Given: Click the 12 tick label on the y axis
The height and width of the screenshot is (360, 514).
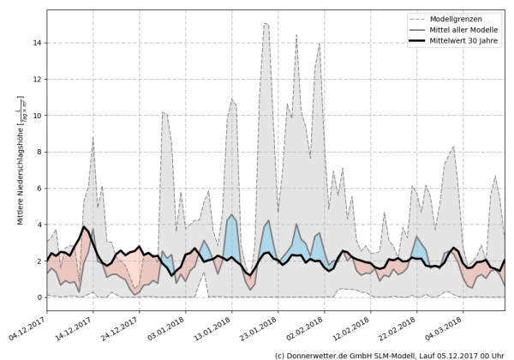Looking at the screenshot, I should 35,79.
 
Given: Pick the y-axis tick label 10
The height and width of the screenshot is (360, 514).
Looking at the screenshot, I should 35,116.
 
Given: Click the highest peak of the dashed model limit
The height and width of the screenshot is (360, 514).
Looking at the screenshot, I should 266,24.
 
